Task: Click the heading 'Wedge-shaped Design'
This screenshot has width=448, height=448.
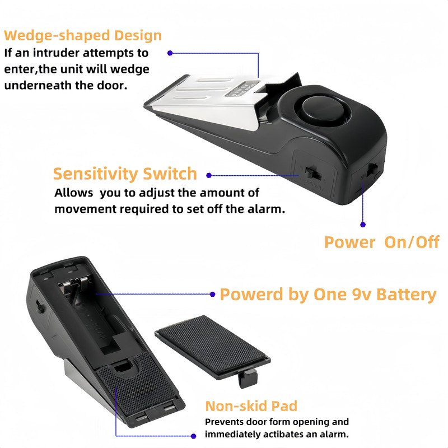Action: (83, 36)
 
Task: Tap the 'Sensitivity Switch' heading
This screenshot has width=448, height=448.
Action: (125, 174)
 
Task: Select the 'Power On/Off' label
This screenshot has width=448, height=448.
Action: (381, 242)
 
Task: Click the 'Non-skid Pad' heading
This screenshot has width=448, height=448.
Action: (251, 406)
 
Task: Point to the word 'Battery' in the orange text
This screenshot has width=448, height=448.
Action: (406, 294)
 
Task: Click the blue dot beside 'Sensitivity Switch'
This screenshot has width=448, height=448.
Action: (209, 175)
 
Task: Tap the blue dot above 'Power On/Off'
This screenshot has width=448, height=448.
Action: (363, 225)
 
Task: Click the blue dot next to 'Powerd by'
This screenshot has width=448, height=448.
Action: (212, 293)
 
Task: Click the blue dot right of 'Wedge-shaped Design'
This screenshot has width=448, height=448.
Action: (170, 54)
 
